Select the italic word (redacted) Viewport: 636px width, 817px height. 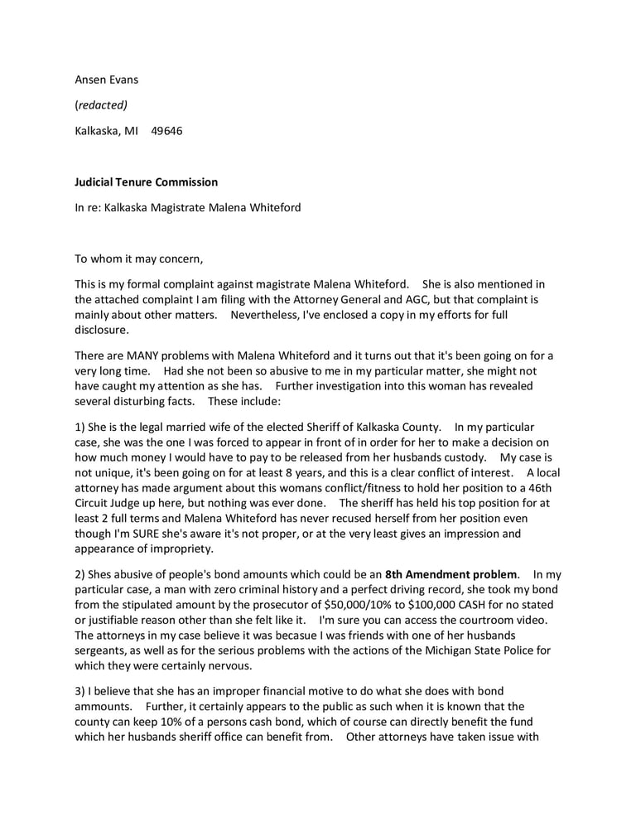(101, 105)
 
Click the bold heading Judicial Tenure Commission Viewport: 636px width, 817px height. (147, 181)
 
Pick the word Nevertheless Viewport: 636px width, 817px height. (267, 315)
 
